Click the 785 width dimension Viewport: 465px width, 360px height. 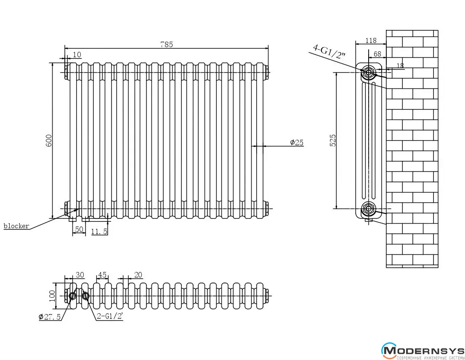pyautogui.click(x=167, y=44)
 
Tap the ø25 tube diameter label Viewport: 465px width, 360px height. pyautogui.click(x=297, y=143)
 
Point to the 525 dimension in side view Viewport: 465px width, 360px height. pyautogui.click(x=333, y=140)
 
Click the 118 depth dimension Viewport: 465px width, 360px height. pyautogui.click(x=370, y=40)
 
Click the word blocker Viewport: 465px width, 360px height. pyautogui.click(x=16, y=226)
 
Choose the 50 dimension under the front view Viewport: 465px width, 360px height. pyautogui.click(x=78, y=229)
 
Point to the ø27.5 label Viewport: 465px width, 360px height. pyautogui.click(x=50, y=317)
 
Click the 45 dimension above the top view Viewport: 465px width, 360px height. pyautogui.click(x=102, y=275)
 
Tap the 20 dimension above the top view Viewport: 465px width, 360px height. pyautogui.click(x=138, y=275)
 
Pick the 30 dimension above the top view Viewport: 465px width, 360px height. pyautogui.click(x=80, y=275)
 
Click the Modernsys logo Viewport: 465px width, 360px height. pyautogui.click(x=422, y=351)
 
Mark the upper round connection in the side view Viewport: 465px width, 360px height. pyautogui.click(x=369, y=72)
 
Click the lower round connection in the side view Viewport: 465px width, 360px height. pyautogui.click(x=369, y=208)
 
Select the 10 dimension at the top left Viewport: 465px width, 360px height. pyautogui.click(x=77, y=54)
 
